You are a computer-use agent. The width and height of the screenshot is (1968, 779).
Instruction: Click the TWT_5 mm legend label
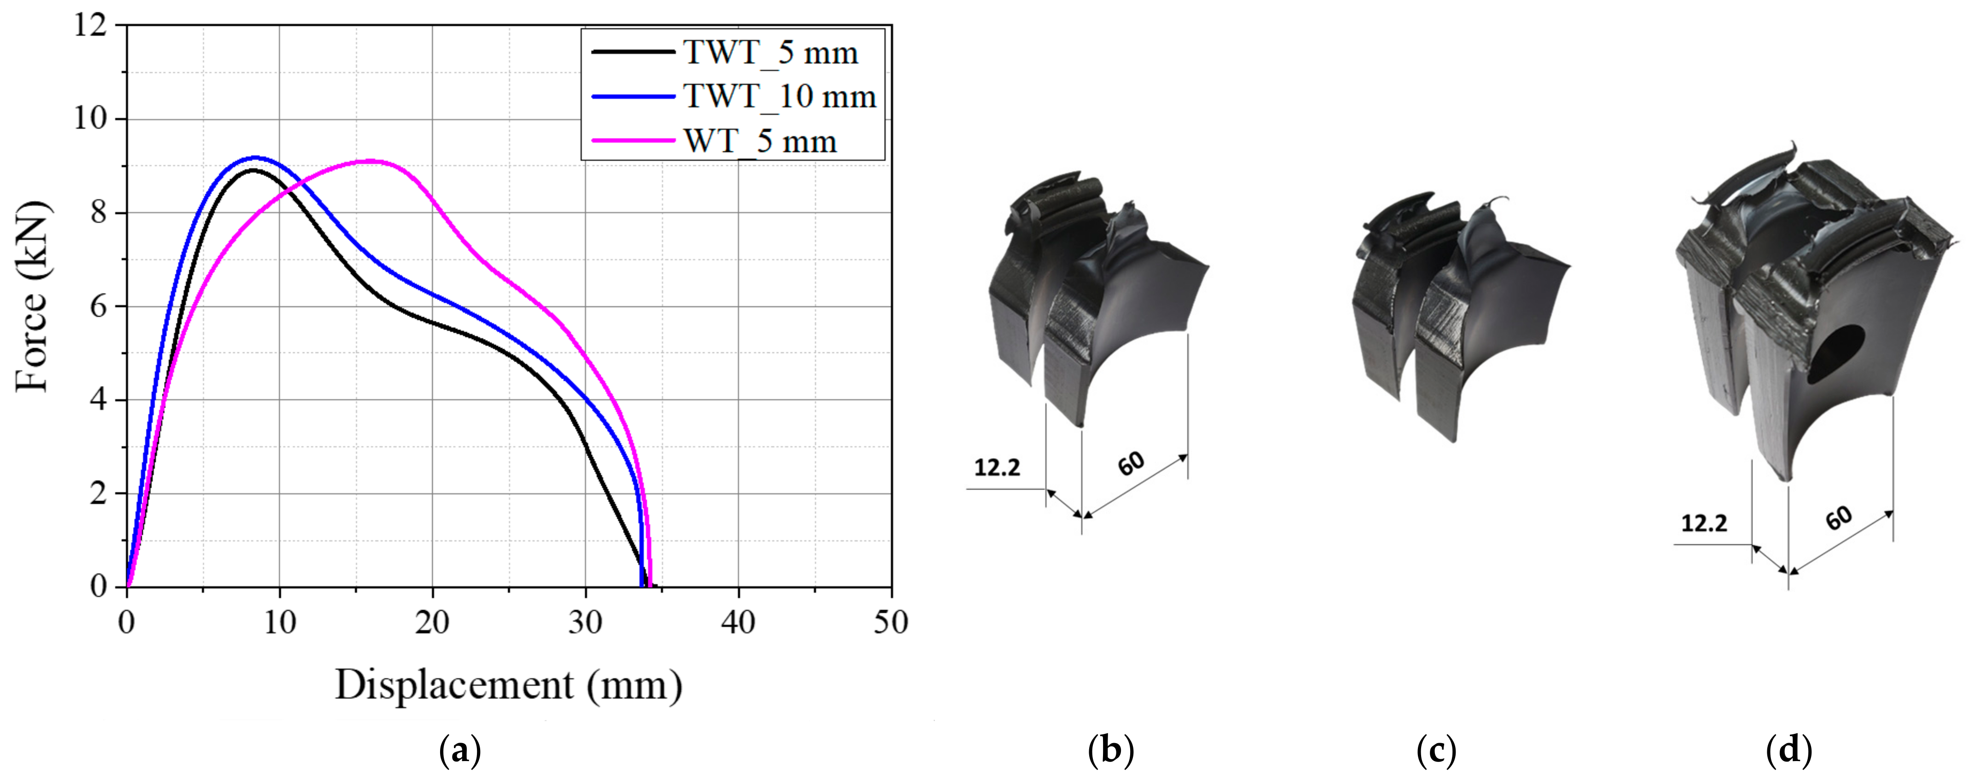[x=770, y=53]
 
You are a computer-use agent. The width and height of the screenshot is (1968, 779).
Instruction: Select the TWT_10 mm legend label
[x=779, y=97]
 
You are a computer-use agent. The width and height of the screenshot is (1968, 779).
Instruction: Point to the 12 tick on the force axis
[x=90, y=25]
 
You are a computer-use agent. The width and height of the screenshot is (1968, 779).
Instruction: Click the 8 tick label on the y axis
[x=98, y=212]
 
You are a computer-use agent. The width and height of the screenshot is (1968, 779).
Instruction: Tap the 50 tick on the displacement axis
[x=891, y=623]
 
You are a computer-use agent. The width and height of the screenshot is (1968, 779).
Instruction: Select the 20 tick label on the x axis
[x=432, y=623]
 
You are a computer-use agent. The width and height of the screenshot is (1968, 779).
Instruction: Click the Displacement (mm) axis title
[x=508, y=685]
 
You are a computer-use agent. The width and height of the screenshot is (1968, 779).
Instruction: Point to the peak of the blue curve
[x=255, y=157]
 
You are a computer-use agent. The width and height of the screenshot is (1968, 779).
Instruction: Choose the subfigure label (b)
[x=1111, y=751]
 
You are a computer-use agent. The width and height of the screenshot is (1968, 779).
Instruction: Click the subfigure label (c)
[x=1436, y=751]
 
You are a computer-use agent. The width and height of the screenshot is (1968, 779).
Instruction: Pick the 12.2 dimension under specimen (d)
[x=1704, y=523]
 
